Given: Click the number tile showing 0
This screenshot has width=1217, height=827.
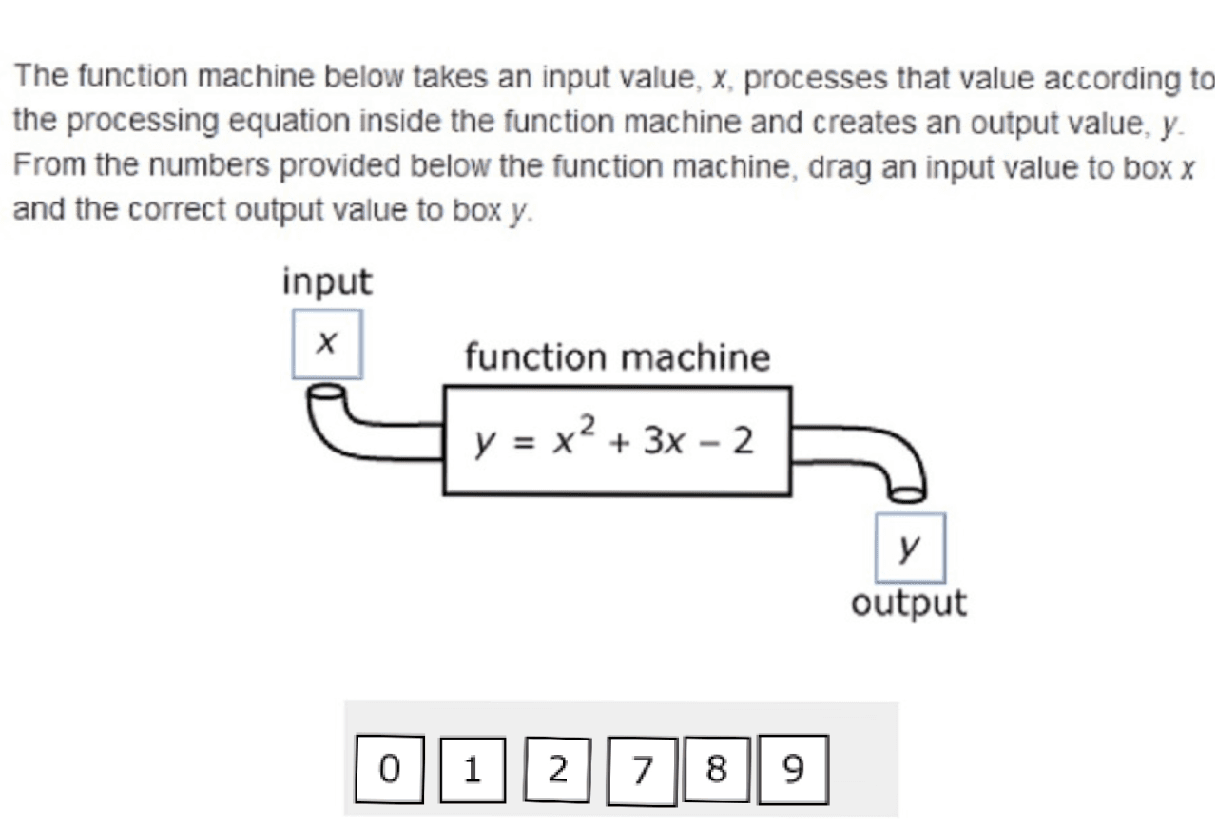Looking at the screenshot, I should coord(389,768).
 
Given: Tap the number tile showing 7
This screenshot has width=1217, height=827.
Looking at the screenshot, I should coord(642,769).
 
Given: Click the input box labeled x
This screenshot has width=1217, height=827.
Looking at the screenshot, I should coord(326,344).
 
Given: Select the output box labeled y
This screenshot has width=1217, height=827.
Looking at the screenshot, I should coord(910,548).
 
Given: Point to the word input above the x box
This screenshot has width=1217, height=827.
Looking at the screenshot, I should coord(328,282).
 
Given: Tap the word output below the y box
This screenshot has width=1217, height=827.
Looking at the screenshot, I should coord(909,604).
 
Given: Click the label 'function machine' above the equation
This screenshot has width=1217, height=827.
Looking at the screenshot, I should coord(617,358).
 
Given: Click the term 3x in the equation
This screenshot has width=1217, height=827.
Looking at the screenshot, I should coord(664,441).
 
